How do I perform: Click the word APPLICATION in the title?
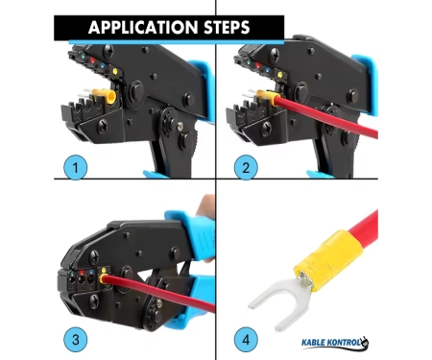(143, 27)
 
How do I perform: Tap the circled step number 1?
(76, 167)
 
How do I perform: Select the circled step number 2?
(246, 167)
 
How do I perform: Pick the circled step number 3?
(76, 339)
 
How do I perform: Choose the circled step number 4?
(246, 339)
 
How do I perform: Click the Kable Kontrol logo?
(335, 343)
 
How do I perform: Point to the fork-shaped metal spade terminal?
(278, 300)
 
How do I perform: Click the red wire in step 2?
(326, 116)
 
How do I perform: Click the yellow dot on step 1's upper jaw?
(115, 71)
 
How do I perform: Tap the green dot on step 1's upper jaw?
(84, 56)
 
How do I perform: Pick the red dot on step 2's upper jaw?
(258, 66)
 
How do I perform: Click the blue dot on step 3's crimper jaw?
(91, 273)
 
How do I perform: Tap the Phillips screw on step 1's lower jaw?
(103, 126)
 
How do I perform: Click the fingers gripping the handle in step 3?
(205, 208)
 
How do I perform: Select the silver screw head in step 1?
(180, 126)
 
